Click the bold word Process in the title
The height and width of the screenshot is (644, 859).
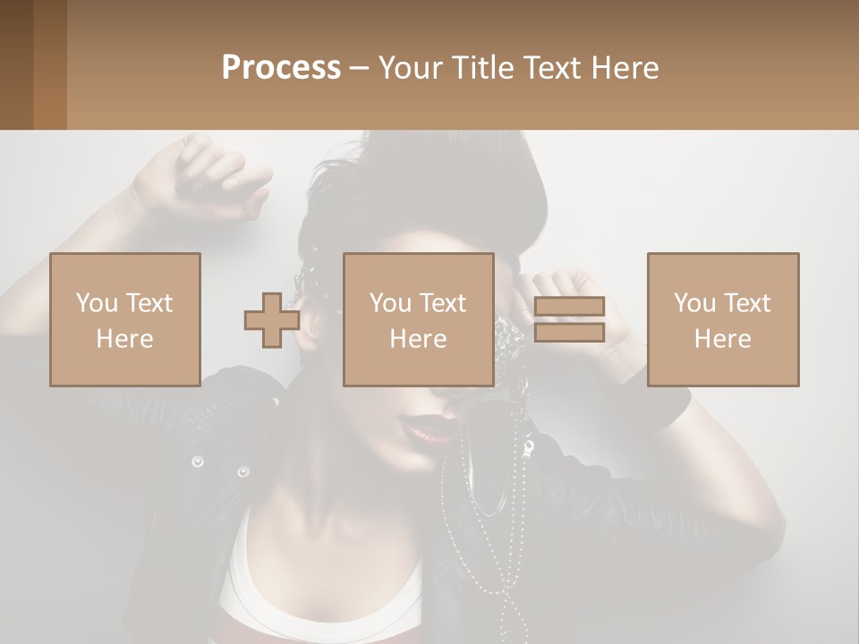[281, 67]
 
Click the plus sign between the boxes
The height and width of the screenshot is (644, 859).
[272, 320]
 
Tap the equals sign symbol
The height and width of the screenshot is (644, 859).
[569, 319]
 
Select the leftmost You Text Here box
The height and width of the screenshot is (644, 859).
[124, 319]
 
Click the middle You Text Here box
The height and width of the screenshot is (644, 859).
[418, 319]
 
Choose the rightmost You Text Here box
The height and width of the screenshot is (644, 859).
[722, 319]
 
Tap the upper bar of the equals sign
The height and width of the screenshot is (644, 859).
[569, 307]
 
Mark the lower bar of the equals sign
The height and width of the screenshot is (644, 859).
[569, 333]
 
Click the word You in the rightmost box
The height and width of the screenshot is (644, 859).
[694, 303]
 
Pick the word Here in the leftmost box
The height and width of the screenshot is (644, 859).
[124, 338]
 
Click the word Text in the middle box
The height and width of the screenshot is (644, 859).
[442, 303]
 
